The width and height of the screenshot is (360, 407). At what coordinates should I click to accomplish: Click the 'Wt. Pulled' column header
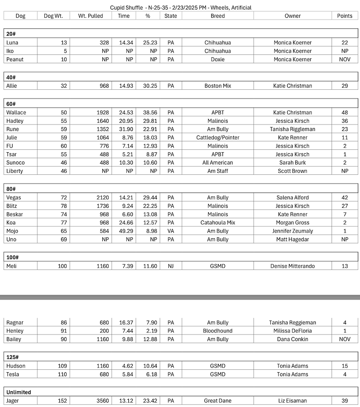[x=90, y=16]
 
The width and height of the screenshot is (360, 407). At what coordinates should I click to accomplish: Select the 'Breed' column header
[x=218, y=16]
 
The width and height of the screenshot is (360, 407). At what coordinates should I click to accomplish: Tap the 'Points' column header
[x=345, y=16]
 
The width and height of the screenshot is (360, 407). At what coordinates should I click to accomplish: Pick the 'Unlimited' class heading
[x=19, y=392]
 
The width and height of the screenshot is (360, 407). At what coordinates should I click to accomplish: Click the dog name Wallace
[x=16, y=112]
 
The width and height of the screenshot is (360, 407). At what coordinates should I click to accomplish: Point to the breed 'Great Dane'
[x=218, y=401]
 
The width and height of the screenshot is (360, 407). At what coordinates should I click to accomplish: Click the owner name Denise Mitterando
[x=293, y=266]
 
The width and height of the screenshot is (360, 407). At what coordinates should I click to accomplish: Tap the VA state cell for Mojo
[x=171, y=231]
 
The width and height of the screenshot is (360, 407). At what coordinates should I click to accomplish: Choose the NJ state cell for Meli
[x=171, y=266]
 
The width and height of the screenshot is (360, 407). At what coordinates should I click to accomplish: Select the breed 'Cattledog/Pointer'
[x=218, y=138]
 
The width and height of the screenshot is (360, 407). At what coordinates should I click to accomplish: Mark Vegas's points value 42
[x=345, y=197]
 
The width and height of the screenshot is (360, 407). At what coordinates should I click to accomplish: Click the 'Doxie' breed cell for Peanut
[x=218, y=59]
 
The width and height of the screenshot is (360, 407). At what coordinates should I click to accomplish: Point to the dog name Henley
[x=16, y=331]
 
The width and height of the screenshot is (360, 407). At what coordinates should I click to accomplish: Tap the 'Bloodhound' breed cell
[x=218, y=331]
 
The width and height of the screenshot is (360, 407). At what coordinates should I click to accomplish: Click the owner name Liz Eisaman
[x=293, y=401]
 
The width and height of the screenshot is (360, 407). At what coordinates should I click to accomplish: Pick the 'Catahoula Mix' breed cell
[x=218, y=223]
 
